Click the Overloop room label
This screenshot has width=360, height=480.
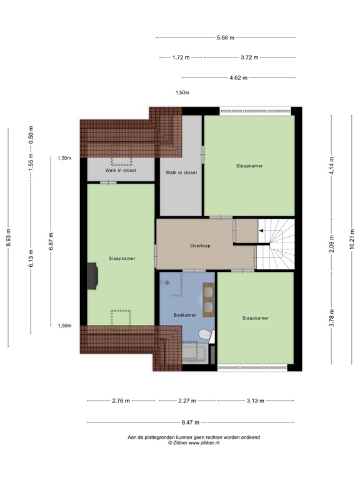[200, 246]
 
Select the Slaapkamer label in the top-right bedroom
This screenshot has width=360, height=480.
[249, 166]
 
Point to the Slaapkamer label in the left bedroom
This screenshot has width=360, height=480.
[121, 258]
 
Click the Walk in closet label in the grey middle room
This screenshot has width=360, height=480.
[181, 172]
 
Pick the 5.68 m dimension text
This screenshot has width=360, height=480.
[225, 37]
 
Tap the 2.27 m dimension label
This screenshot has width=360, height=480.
[187, 401]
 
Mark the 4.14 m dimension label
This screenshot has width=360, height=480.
[331, 166]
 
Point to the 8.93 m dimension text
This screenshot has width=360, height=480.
[9, 237]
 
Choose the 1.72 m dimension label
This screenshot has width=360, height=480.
[181, 57]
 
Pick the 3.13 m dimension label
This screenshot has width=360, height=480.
[255, 401]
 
